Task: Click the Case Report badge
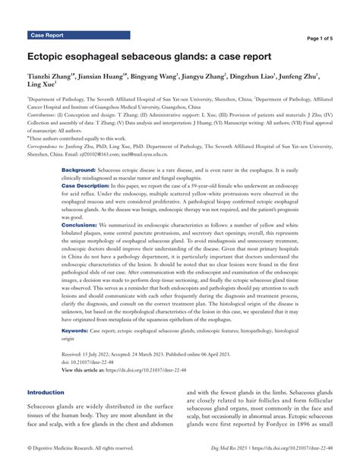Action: click(46, 35)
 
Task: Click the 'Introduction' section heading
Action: click(46, 393)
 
